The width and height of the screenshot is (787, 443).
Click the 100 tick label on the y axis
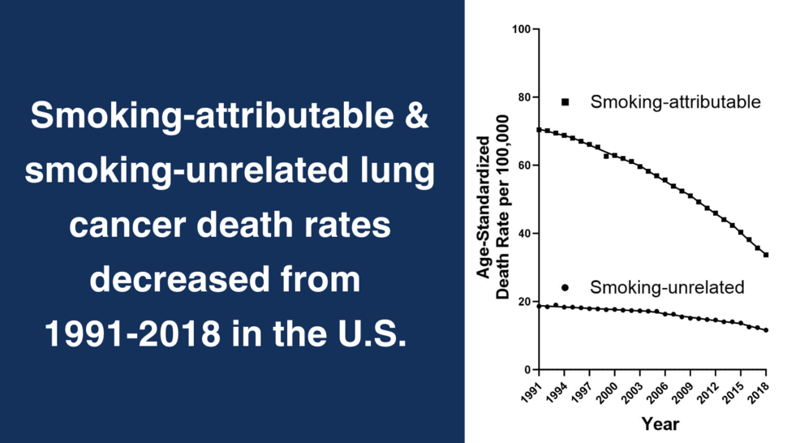(520, 30)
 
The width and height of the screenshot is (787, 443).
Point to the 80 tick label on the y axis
(523, 97)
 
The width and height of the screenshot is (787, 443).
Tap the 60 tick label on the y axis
(523, 166)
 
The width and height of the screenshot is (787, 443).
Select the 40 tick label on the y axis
(523, 234)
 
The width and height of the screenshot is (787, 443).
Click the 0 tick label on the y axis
(526, 370)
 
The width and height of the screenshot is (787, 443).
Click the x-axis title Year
(660, 424)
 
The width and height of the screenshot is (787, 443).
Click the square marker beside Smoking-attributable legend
(566, 102)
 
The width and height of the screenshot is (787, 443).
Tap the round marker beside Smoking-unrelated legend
(566, 288)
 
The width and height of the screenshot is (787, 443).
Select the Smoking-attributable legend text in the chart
(675, 102)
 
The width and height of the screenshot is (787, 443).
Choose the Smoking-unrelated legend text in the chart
(667, 288)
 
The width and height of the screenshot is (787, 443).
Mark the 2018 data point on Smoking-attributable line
(766, 255)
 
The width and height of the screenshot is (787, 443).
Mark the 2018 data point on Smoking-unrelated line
(766, 330)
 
